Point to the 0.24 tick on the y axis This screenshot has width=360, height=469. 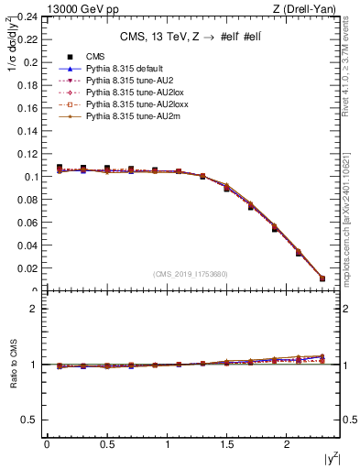tap(27, 17)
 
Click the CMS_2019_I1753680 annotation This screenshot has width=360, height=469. tap(191, 274)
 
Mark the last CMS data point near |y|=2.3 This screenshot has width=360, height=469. tap(322, 278)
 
